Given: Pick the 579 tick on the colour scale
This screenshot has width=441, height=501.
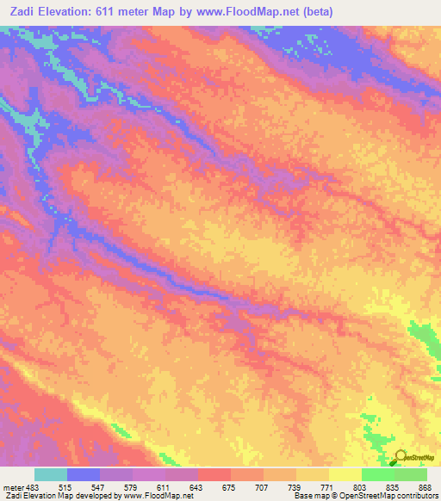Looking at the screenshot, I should [121, 487].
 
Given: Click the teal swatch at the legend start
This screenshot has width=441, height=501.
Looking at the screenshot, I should [51, 474].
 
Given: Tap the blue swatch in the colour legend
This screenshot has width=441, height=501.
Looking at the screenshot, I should [84, 474].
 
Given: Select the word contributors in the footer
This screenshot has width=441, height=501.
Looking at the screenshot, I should [413, 497].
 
